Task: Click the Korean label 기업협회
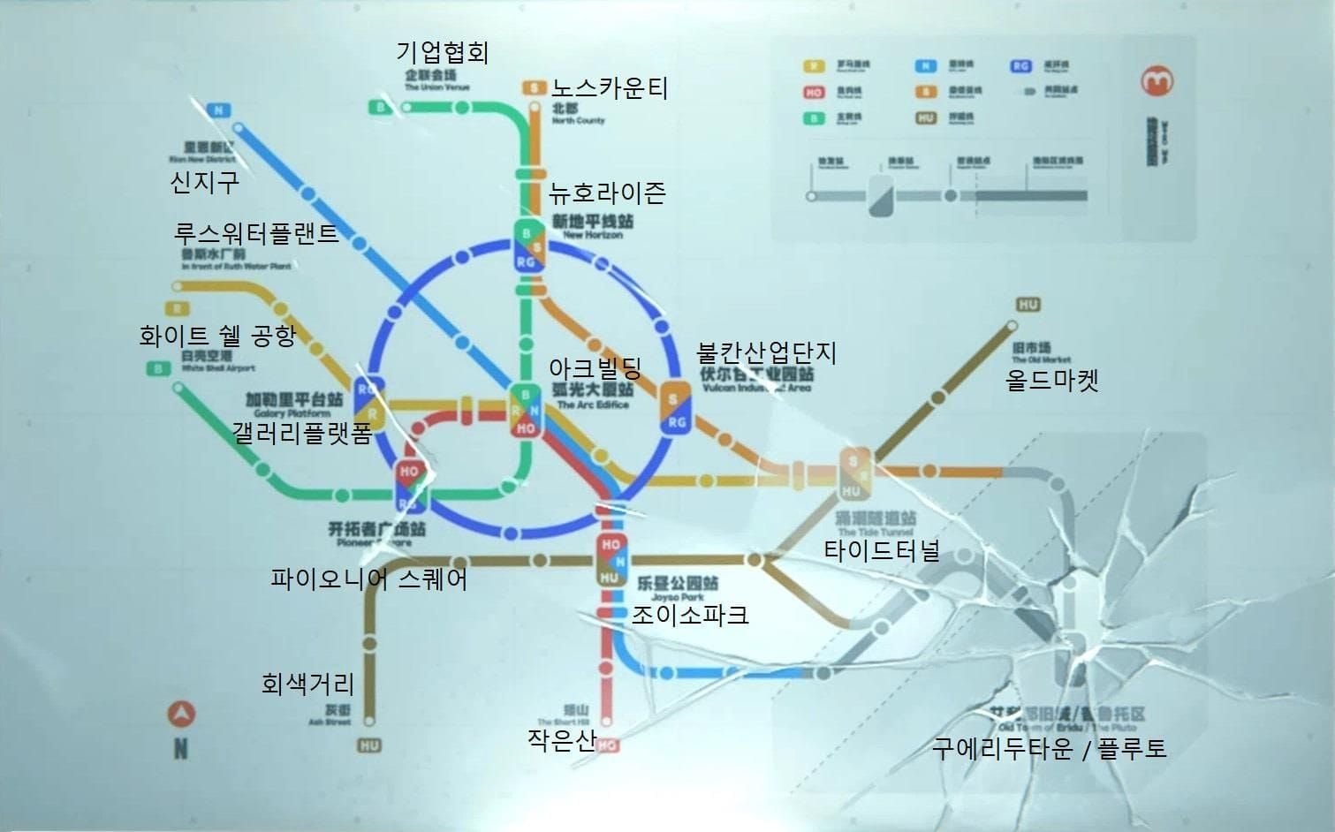click(x=442, y=52)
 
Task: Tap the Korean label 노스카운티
click(x=610, y=88)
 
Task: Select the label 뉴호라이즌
click(x=606, y=193)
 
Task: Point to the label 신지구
click(x=204, y=183)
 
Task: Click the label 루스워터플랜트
click(x=256, y=234)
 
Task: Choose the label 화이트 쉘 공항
click(x=217, y=336)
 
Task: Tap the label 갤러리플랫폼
click(x=301, y=433)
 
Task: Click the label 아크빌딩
click(x=595, y=367)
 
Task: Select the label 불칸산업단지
click(x=766, y=352)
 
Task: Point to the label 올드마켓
click(x=1051, y=381)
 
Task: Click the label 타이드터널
click(x=881, y=551)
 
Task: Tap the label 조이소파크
click(x=689, y=615)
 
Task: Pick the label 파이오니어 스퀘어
click(x=368, y=579)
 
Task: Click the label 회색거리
click(x=307, y=684)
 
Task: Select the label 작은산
click(x=562, y=740)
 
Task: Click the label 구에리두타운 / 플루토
click(x=1049, y=749)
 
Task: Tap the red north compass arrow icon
click(x=181, y=714)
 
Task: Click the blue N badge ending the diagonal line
click(x=218, y=110)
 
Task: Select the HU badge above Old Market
click(x=1028, y=305)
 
